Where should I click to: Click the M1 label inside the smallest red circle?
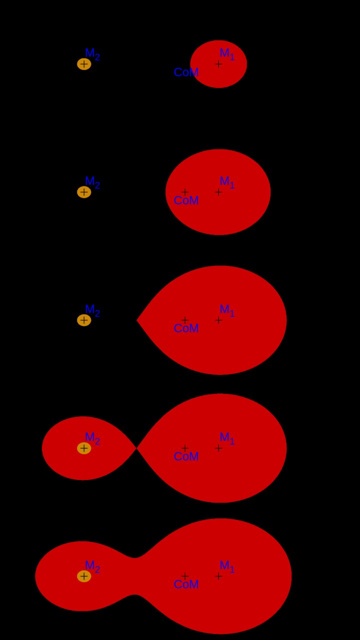[227, 54]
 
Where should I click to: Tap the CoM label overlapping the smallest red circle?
[186, 72]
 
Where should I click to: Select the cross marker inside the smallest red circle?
[218, 64]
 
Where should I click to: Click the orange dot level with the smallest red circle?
[84, 64]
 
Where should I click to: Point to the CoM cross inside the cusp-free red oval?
[185, 192]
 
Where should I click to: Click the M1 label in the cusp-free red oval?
[227, 182]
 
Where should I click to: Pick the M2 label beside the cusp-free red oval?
[92, 182]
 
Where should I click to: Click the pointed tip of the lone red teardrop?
[137, 320]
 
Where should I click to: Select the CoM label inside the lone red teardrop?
[186, 328]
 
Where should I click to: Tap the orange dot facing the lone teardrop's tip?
[84, 320]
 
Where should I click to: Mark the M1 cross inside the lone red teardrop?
[218, 320]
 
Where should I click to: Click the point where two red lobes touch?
[136, 448]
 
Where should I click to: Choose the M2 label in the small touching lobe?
[92, 438]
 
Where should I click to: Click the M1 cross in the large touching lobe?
[218, 448]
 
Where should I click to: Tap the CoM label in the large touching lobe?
[186, 456]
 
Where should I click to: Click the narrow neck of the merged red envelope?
[135, 576]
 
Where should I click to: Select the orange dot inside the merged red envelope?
[84, 576]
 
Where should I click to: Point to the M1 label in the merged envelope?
[227, 566]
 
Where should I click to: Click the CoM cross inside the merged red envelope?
[185, 576]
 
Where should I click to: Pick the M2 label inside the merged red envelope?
[92, 566]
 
